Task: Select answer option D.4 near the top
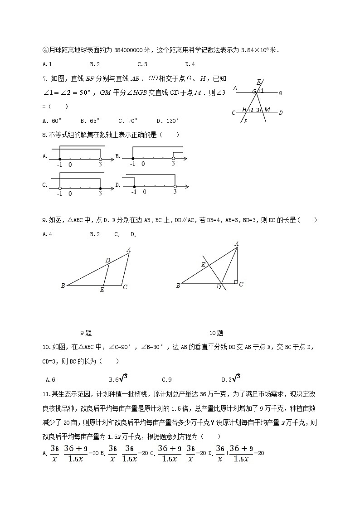coord(190,64)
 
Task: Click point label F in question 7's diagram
coord(245,121)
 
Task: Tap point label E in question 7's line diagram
coord(258,82)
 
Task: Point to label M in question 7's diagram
coord(267,110)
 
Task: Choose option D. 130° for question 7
coord(168,121)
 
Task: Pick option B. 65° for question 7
coord(90,121)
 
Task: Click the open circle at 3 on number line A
coord(101,159)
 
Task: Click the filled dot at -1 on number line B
coord(132,159)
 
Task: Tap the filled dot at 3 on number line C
coord(100,188)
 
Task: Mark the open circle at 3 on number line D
coord(175,186)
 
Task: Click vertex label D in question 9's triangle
coord(107,260)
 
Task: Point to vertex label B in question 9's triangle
coord(63,286)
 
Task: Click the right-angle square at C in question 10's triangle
coord(236,281)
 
